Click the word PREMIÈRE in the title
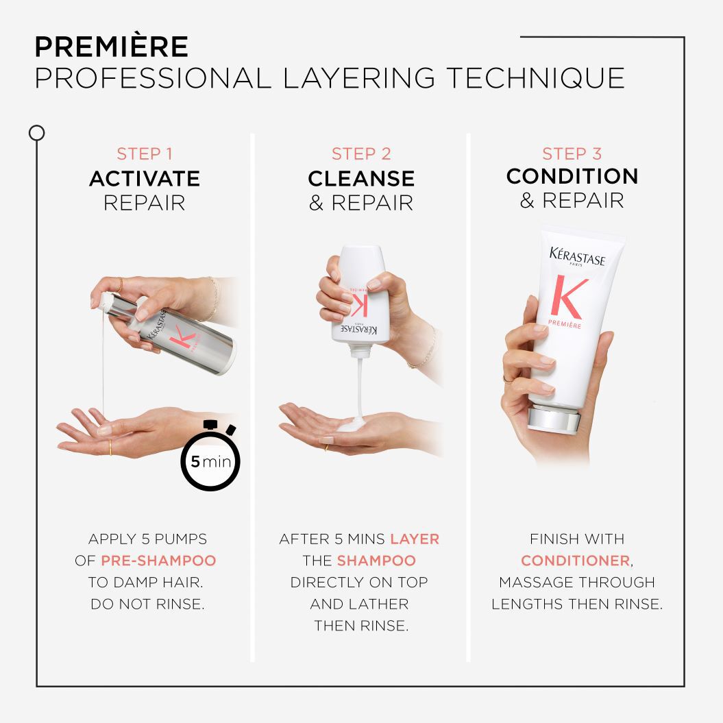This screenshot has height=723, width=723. [111, 47]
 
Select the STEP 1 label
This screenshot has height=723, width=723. [144, 154]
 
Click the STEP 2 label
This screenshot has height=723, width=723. [361, 154]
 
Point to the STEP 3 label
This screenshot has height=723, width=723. [572, 154]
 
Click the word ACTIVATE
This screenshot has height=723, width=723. [144, 179]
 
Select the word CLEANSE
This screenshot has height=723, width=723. [361, 179]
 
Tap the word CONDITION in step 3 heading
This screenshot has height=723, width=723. [572, 176]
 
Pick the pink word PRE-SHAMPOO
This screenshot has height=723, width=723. [158, 561]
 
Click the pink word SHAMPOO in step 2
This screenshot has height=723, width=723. [376, 561]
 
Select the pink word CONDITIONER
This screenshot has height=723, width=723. [575, 561]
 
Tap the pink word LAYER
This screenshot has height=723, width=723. [415, 539]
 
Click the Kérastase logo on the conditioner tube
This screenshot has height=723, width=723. [577, 257]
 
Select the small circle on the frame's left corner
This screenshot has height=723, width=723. [37, 133]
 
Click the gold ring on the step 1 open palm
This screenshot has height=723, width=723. [110, 447]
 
